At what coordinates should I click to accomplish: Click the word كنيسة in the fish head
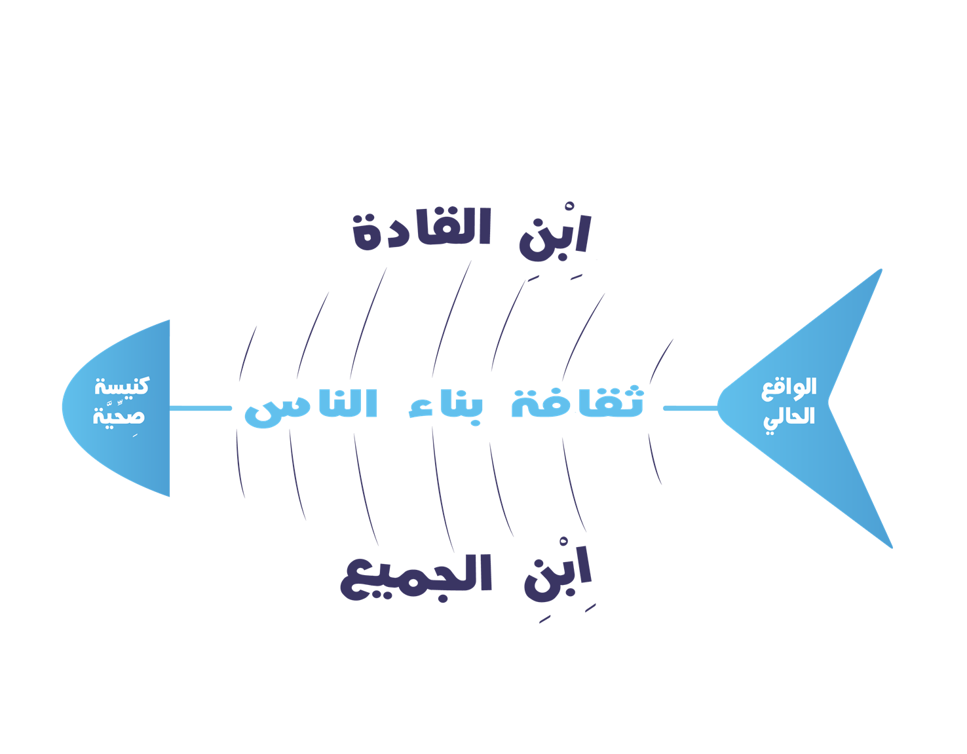coord(122,386)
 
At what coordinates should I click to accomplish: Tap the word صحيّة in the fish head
coord(119,416)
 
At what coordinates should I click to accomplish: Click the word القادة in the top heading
coord(422,230)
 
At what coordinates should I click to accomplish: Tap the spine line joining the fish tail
coord(690,408)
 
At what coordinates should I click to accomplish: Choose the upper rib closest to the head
coord(245,354)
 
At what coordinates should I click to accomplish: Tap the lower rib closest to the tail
coord(654,459)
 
